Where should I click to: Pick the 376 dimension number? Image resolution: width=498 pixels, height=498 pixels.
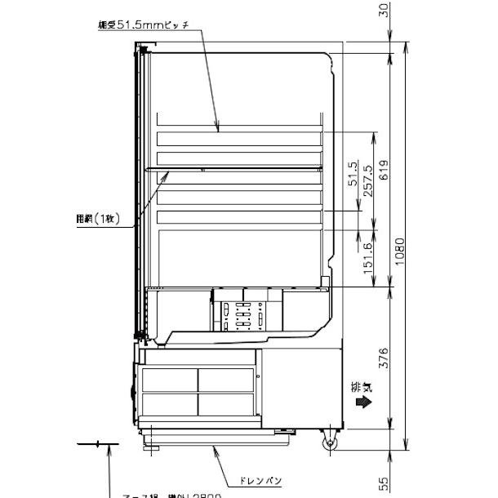pos(384,358)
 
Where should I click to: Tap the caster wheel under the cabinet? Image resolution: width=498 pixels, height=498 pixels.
pos(330,445)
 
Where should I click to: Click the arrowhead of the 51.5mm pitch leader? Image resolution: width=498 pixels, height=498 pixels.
pos(218,130)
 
